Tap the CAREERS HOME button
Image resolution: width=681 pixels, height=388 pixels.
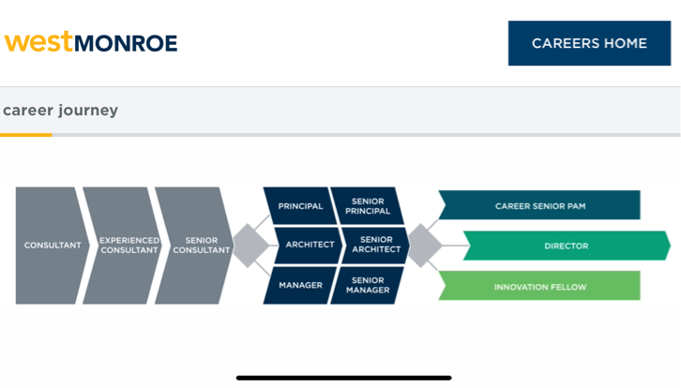589,43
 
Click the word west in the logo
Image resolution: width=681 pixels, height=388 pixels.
38,42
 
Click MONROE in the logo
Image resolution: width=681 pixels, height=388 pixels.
125,43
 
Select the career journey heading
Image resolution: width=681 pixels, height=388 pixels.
60,111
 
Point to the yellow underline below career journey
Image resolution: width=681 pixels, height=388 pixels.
25,135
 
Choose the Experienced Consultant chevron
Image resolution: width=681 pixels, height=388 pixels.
124,246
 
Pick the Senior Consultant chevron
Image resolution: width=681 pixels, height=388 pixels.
195,246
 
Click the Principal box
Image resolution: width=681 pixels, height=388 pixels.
299,206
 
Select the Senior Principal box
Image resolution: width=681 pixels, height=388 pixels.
367,206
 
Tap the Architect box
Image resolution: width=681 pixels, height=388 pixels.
309,246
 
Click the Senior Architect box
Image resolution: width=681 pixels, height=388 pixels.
377,246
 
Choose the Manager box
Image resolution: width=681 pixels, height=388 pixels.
299,285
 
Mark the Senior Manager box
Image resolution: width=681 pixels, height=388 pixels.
367,285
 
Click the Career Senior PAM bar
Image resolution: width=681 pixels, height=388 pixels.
539,205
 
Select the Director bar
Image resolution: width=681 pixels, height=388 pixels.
566,246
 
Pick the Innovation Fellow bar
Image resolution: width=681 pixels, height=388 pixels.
539,286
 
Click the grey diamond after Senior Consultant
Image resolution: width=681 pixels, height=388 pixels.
250,246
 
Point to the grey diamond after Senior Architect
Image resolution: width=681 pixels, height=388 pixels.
424,246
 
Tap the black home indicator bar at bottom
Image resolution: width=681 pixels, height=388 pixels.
343,378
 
